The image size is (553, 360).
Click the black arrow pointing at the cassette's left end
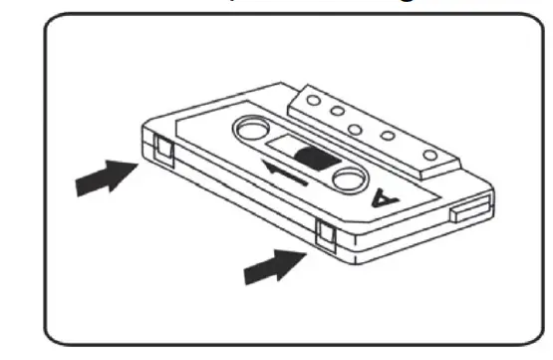[105, 179]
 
